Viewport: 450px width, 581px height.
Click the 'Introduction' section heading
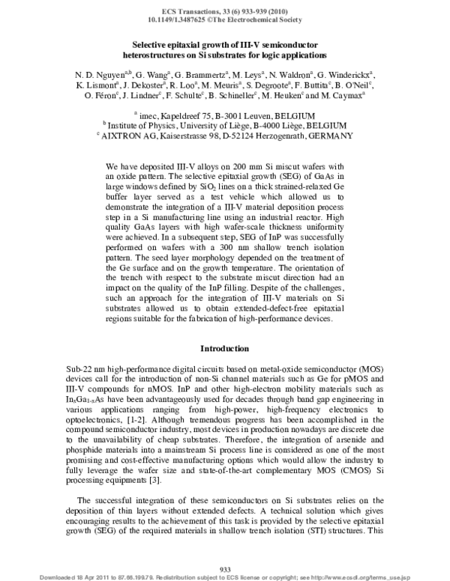[224, 349]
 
